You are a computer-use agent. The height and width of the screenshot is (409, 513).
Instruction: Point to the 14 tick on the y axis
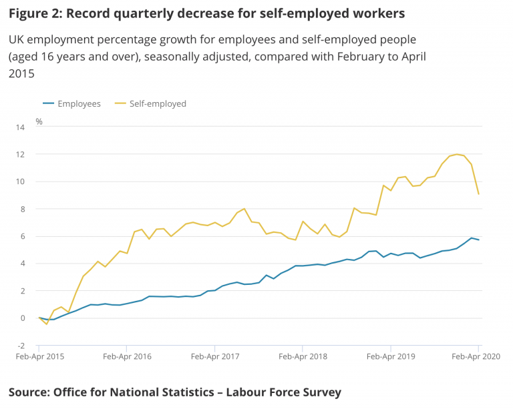(20, 127)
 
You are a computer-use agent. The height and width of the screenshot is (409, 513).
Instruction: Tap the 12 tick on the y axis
(20, 154)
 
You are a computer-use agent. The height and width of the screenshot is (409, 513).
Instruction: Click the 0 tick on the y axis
(22, 318)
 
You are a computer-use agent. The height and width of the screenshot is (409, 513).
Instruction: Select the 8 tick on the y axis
(22, 209)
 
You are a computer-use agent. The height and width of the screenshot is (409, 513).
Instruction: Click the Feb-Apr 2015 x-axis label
(39, 356)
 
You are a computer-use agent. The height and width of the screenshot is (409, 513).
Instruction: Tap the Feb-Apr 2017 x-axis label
(215, 356)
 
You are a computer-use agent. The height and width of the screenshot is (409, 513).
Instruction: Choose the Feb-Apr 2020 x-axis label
(477, 356)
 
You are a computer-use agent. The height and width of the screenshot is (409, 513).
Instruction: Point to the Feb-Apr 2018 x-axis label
(303, 356)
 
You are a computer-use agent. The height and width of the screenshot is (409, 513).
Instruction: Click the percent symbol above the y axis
(39, 121)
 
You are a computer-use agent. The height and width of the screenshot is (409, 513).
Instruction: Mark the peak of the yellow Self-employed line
(457, 154)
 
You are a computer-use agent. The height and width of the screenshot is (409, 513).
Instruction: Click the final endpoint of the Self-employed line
(478, 194)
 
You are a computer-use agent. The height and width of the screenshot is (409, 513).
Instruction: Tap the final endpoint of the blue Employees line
(478, 240)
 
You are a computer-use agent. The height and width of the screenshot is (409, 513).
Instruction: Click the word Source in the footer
(29, 392)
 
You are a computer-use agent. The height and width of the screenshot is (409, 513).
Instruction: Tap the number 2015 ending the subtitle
(21, 74)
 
